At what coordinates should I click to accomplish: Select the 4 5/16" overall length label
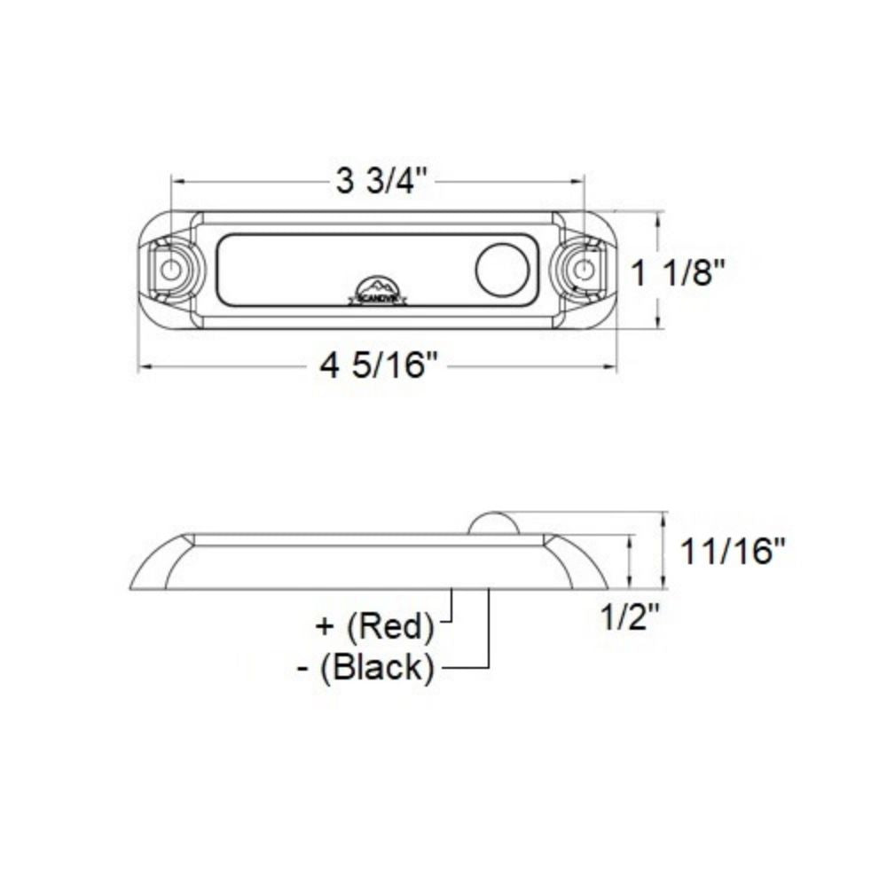(380, 365)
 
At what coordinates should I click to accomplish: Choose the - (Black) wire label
(365, 667)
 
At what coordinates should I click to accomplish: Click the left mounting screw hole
(169, 269)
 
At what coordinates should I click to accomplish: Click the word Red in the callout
(389, 627)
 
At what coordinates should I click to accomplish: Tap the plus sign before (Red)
(324, 627)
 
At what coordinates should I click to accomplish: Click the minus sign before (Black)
(304, 667)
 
